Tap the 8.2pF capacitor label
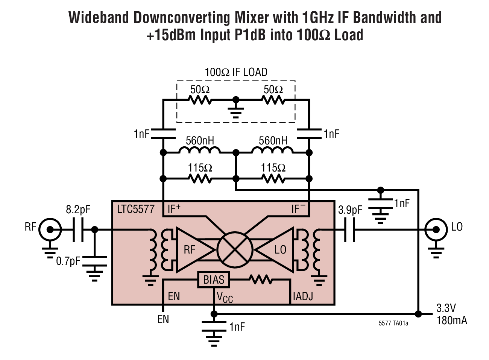[78, 210]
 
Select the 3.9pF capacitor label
[350, 210]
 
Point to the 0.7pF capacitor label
[68, 261]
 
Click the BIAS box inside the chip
[214, 280]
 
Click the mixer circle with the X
[235, 249]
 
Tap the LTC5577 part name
[136, 209]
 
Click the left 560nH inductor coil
[199, 151]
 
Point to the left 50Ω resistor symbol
[200, 100]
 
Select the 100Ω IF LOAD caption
[236, 72]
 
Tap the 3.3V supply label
[446, 308]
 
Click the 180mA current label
[451, 321]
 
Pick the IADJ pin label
[303, 297]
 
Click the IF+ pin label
[174, 209]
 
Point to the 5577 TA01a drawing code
[393, 324]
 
